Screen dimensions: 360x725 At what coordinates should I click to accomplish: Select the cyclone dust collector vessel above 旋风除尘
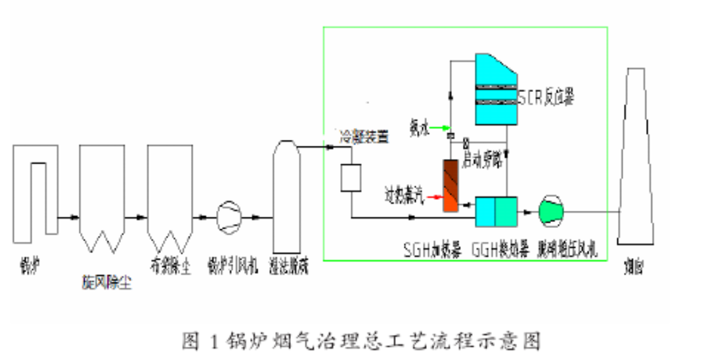click(102, 191)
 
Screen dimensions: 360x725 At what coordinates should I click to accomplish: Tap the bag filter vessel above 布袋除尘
click(169, 191)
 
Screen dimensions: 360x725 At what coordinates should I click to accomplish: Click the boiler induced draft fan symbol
click(229, 215)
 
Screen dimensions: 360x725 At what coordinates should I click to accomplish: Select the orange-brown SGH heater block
click(451, 186)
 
